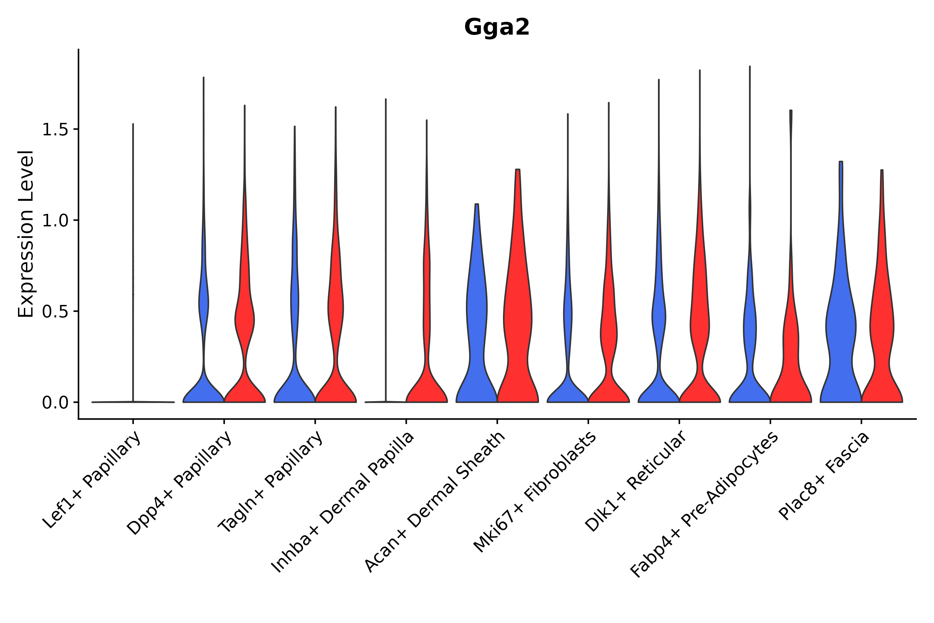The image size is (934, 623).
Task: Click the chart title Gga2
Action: coord(496,28)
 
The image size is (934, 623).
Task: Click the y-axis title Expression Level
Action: coord(26,234)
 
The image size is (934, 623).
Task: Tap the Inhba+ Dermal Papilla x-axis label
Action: coord(343,502)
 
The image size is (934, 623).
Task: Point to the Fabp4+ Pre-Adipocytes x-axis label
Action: coord(704,505)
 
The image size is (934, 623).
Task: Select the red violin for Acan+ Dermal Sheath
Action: coord(518,318)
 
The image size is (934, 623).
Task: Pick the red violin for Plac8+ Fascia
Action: coord(881,326)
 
